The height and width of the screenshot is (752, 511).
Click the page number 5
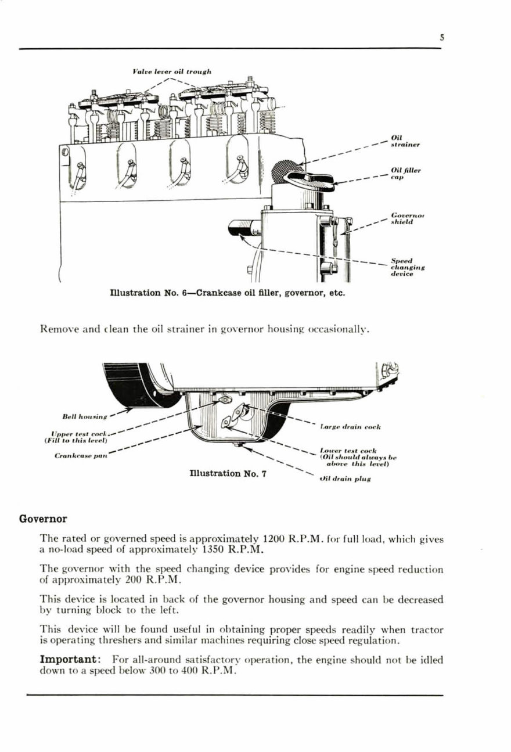442,38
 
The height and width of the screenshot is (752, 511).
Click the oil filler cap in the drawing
308,180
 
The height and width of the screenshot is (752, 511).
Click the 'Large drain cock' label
350,427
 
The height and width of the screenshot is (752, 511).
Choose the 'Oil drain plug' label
346,480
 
